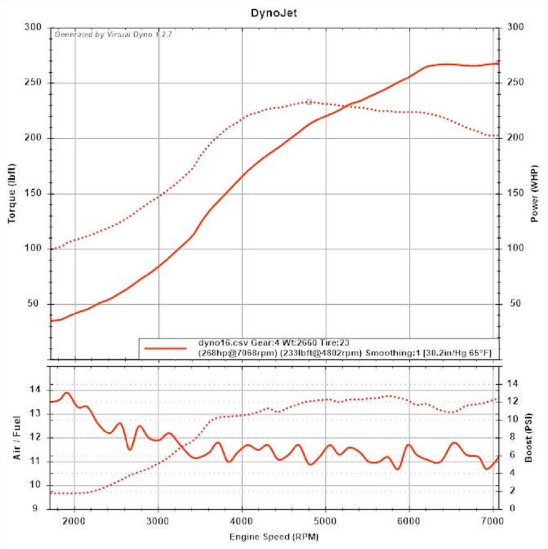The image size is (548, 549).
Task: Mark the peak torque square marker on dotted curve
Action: (x=309, y=101)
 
